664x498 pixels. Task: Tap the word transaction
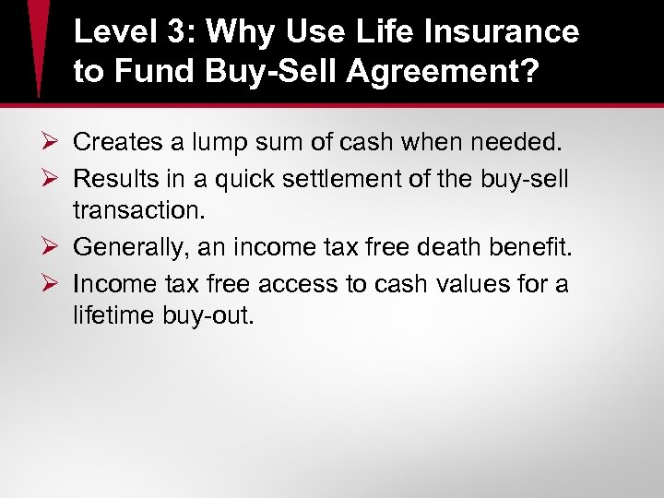(x=137, y=212)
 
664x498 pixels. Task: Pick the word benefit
(x=537, y=247)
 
